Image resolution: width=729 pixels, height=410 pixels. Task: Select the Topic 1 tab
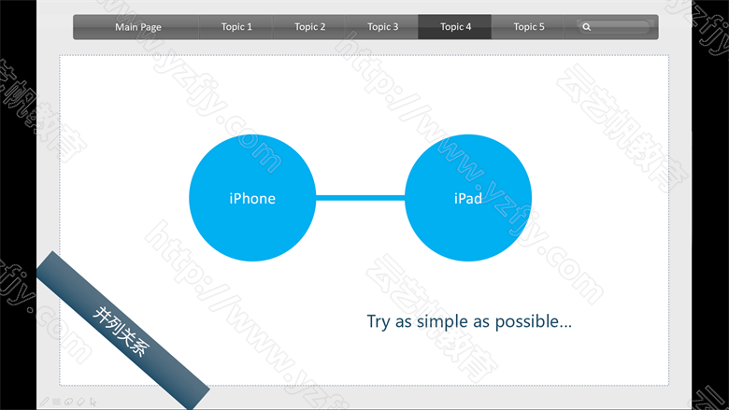(236, 27)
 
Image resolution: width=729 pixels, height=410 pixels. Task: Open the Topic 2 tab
(309, 27)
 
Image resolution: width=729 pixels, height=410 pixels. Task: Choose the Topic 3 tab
(382, 27)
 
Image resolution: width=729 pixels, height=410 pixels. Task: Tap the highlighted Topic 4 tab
(455, 27)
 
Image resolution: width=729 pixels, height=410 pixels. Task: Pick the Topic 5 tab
(528, 27)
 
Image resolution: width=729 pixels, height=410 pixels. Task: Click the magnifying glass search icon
(587, 27)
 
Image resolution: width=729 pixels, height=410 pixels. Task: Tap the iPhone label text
(252, 199)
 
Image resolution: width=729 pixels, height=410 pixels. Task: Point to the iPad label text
(467, 199)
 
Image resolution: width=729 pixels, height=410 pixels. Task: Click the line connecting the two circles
(361, 198)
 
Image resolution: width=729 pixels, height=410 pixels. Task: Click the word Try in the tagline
(379, 322)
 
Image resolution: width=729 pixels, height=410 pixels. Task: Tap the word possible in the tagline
(527, 321)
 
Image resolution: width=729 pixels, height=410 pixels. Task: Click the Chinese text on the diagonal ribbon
(121, 331)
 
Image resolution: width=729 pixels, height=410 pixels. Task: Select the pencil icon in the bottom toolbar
(44, 402)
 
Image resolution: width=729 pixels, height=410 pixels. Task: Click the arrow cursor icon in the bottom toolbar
(93, 402)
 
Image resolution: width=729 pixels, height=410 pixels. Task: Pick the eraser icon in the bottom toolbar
(80, 402)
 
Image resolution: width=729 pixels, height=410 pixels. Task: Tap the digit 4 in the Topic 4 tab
(468, 27)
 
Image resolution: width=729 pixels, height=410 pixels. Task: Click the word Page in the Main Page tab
(150, 27)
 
